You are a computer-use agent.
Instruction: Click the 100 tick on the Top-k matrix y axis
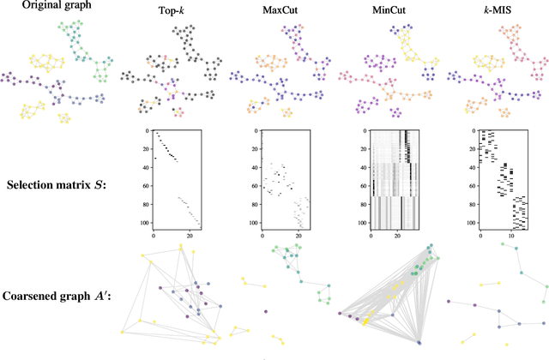point(146,221)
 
